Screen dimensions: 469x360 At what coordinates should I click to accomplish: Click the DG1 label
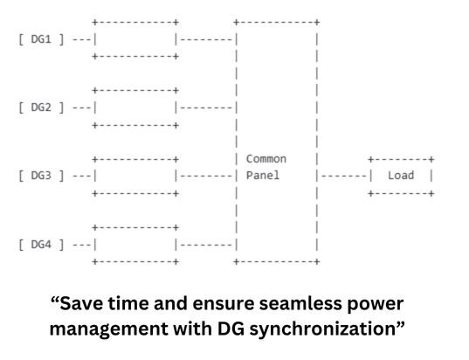click(41, 39)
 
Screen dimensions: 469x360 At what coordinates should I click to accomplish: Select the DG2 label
click(41, 107)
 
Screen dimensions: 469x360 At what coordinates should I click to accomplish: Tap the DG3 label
click(41, 176)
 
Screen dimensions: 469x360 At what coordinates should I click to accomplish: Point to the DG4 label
click(41, 245)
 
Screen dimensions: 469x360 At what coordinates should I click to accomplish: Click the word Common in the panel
click(266, 159)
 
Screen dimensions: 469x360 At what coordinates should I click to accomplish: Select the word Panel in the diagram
click(263, 176)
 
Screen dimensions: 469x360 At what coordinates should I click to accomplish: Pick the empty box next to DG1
click(95, 39)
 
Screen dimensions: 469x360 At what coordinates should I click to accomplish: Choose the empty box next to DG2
click(95, 107)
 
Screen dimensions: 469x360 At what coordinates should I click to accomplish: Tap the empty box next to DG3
click(95, 176)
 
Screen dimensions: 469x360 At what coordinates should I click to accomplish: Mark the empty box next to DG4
click(95, 245)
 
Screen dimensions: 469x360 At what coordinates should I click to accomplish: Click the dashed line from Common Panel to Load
click(344, 176)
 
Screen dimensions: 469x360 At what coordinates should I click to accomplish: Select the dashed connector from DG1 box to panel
click(206, 39)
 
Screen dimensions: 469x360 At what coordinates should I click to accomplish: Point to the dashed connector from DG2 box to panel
click(206, 107)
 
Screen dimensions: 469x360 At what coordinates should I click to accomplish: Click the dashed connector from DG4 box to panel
click(206, 246)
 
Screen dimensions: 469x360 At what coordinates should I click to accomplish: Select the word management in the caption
click(109, 329)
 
